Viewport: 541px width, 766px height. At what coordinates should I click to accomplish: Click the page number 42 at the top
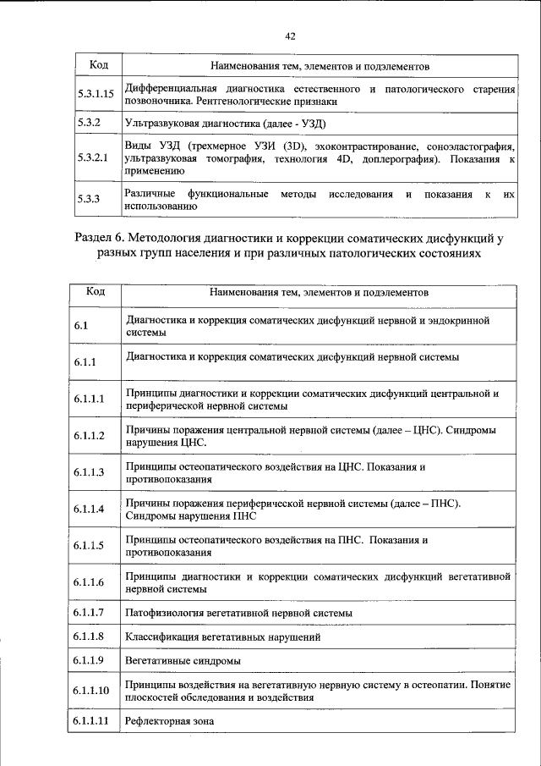290,36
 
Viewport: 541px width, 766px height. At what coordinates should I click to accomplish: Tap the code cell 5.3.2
89,123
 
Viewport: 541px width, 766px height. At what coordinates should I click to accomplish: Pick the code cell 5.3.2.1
91,157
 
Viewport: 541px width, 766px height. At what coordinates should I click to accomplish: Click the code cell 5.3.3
89,200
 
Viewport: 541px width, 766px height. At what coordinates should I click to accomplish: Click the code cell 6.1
81,327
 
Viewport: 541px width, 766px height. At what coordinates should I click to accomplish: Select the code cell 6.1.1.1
89,400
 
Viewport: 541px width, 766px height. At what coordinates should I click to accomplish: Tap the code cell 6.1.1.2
89,436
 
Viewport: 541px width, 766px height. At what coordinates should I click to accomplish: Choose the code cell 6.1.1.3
89,472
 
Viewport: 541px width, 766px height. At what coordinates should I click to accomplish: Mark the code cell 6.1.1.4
89,509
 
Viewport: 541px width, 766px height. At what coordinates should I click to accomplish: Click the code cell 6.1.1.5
89,545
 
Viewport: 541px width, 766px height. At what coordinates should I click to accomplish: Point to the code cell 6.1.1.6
89,582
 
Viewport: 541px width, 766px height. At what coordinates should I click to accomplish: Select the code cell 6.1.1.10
91,691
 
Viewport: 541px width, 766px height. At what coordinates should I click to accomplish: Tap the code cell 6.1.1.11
91,721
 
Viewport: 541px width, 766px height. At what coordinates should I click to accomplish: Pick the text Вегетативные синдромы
182,660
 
